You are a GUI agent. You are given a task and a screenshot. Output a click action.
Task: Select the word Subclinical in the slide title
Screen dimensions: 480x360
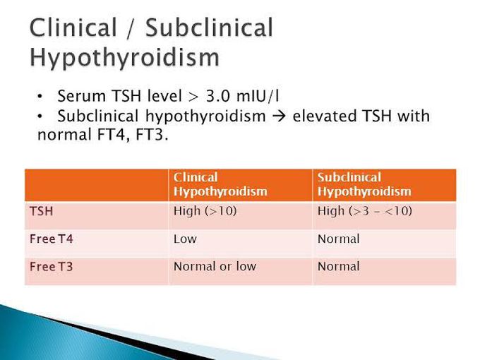[x=209, y=28]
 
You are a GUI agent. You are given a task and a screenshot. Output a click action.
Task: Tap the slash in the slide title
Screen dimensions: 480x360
[x=131, y=28]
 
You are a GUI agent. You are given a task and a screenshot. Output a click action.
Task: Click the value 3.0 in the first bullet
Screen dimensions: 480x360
[x=217, y=96]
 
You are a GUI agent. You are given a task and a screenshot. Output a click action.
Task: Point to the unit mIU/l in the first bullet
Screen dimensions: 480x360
[x=258, y=96]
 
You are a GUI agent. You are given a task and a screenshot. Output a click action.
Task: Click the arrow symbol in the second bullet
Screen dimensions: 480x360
[x=279, y=116]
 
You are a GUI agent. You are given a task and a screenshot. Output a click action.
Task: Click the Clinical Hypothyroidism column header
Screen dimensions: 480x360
[x=220, y=184]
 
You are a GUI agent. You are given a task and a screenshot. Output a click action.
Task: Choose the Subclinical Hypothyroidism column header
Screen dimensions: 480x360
[x=364, y=184]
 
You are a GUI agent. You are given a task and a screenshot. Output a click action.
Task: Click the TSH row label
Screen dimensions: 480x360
[x=42, y=211]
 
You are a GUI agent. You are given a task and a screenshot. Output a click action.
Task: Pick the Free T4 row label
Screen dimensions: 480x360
[x=52, y=239]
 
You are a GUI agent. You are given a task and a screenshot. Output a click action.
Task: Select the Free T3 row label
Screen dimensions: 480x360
[x=52, y=267]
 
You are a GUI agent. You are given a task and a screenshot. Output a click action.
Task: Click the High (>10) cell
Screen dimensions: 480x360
[x=205, y=211]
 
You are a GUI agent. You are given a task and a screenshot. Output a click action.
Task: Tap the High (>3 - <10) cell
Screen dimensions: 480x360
[x=365, y=211]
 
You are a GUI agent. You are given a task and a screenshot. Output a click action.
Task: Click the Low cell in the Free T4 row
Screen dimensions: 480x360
[x=185, y=239]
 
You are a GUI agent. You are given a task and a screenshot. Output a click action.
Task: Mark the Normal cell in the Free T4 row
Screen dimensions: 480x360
[x=339, y=239]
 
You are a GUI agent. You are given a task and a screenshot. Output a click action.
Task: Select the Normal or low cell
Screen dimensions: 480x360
[x=215, y=266]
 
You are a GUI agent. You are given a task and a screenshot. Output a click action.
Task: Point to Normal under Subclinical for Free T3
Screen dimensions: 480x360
[x=339, y=266]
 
